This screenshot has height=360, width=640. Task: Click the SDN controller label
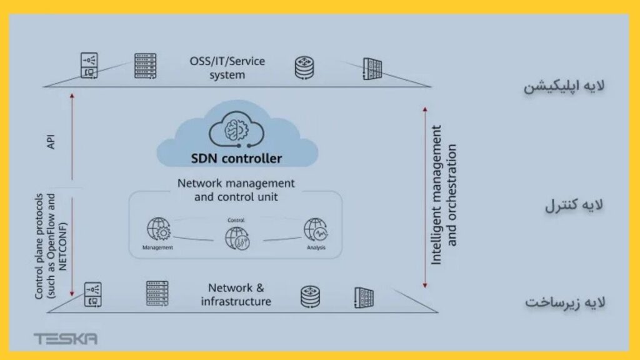[x=236, y=158]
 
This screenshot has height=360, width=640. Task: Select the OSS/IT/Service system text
[x=227, y=68]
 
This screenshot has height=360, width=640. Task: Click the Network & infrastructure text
[x=236, y=295]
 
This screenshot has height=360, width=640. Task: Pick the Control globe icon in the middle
[x=236, y=238]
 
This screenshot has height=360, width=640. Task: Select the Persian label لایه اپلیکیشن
[x=564, y=86]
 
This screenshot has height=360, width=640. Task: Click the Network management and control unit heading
[x=236, y=190]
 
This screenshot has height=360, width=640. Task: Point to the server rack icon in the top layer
[x=145, y=65]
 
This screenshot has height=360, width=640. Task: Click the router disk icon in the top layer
[x=305, y=67]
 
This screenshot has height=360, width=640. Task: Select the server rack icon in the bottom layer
[x=157, y=294]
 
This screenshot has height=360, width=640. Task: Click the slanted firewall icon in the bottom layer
[x=364, y=297]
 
